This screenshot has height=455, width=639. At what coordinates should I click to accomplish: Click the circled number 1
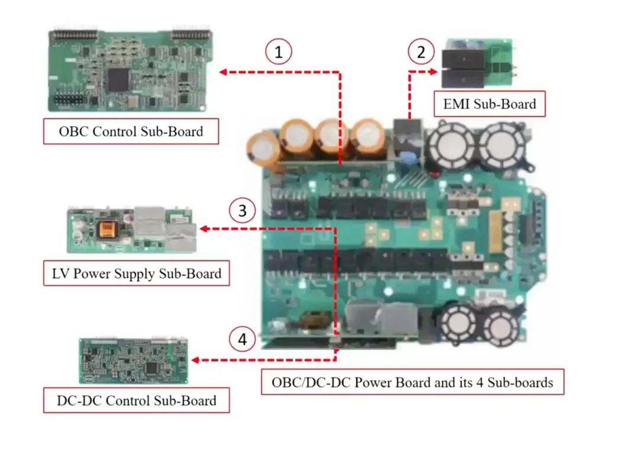(279, 52)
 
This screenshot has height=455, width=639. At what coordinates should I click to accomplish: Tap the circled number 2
(421, 52)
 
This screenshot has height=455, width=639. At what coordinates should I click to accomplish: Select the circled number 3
(243, 211)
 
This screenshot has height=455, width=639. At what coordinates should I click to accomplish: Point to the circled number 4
(243, 340)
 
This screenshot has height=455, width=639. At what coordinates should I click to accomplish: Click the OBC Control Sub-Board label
(131, 131)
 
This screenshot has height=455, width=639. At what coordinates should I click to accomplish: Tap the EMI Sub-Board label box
(489, 104)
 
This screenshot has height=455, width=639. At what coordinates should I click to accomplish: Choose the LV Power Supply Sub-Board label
(136, 273)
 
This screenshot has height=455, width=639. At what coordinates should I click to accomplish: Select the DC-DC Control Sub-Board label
(136, 400)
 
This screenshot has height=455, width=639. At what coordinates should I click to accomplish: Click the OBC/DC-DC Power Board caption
(412, 382)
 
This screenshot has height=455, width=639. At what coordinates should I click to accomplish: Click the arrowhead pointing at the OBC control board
(224, 72)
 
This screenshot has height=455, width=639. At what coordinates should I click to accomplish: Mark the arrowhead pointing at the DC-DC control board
(195, 360)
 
